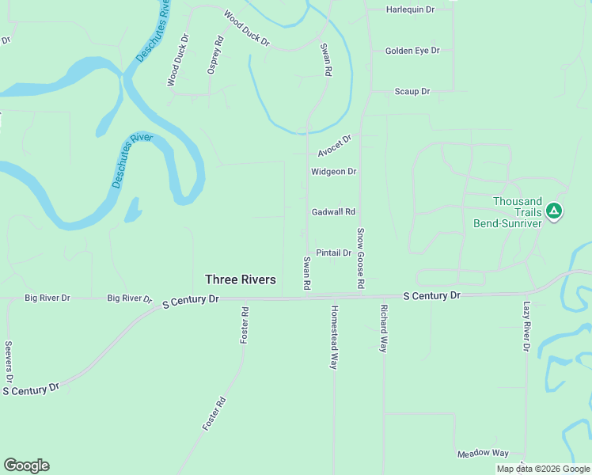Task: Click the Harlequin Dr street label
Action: (x=411, y=9)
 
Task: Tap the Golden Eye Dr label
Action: (x=412, y=51)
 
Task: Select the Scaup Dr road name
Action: (x=412, y=92)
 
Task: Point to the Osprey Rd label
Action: (x=215, y=56)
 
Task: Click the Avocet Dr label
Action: (x=334, y=145)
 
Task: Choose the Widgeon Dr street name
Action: (x=333, y=171)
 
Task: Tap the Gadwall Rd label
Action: (x=333, y=212)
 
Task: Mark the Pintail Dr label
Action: (x=333, y=253)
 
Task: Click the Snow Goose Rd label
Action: (x=360, y=258)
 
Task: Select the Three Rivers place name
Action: (x=241, y=279)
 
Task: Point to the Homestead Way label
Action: (x=334, y=337)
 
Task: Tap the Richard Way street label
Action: (x=384, y=328)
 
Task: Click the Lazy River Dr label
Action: (x=526, y=325)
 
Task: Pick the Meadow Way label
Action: (x=483, y=454)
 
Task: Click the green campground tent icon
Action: (x=555, y=211)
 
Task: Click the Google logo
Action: (x=26, y=465)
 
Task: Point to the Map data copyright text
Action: (x=543, y=469)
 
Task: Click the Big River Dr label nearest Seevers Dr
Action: (x=47, y=298)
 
